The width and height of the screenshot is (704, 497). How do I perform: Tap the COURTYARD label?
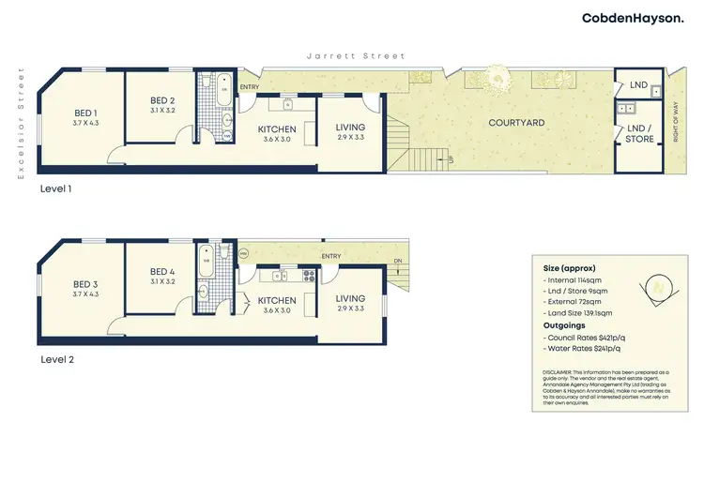click(517, 123)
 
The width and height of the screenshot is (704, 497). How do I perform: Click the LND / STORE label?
click(638, 134)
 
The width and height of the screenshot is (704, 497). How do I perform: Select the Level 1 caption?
click(56, 188)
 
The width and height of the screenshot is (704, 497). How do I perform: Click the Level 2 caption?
click(57, 359)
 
